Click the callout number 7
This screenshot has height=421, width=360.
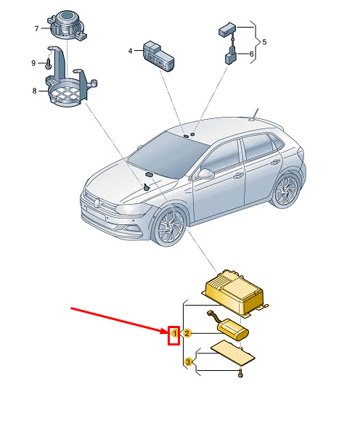[37, 28]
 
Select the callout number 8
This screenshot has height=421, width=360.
[34, 91]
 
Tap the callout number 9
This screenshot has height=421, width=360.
[33, 63]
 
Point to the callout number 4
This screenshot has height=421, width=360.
[130, 51]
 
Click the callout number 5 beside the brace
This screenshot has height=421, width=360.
[264, 42]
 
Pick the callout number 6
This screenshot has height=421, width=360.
[252, 54]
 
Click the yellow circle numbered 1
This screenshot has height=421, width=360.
[174, 333]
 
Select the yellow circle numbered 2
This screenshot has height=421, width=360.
[187, 333]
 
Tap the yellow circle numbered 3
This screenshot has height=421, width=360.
[188, 361]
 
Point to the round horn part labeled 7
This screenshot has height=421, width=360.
[67, 25]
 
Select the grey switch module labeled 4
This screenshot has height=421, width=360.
[158, 56]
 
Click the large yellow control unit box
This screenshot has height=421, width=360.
[235, 292]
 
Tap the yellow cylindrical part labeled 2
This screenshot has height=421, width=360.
[232, 329]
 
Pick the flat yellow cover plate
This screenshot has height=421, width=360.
[232, 352]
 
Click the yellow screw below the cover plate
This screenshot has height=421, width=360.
[240, 373]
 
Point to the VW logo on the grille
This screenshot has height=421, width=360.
[97, 203]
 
